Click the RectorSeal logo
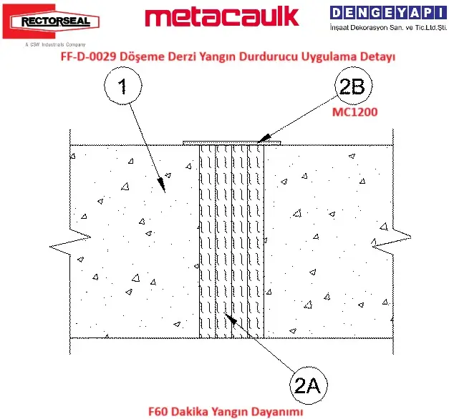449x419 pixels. coord(51,21)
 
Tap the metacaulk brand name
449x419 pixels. coord(222,17)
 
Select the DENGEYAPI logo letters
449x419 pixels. coord(388,13)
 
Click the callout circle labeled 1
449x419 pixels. coord(123,86)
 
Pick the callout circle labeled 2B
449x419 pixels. coord(353,86)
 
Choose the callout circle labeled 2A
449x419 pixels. coord(308,385)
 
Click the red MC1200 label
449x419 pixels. coord(354,112)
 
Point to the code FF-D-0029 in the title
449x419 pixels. coord(89,56)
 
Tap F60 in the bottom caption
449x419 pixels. coord(158,412)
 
